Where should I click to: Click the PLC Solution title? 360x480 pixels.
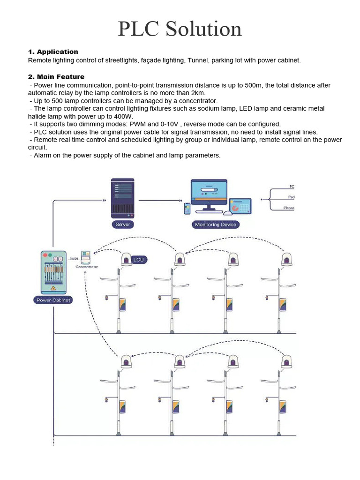pyautogui.click(x=180, y=29)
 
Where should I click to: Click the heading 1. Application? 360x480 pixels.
pyautogui.click(x=53, y=52)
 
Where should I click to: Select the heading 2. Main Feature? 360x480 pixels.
pyautogui.click(x=56, y=76)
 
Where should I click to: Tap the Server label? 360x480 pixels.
pyautogui.click(x=123, y=225)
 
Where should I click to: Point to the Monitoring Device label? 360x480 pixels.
pyautogui.click(x=216, y=225)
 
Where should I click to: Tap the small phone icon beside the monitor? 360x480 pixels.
pyautogui.click(x=187, y=209)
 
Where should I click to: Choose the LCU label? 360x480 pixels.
pyautogui.click(x=138, y=259)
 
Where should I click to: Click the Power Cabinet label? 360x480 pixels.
pyautogui.click(x=53, y=300)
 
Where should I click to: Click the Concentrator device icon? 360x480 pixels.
pyautogui.click(x=86, y=257)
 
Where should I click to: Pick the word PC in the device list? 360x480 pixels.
pyautogui.click(x=292, y=187)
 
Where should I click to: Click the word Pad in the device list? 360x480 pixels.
pyautogui.click(x=291, y=197)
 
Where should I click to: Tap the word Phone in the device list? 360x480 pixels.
pyautogui.click(x=289, y=208)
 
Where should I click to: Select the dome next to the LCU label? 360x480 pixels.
pyautogui.click(x=126, y=259)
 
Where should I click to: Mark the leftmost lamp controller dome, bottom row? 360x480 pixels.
pyautogui.click(x=126, y=361)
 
